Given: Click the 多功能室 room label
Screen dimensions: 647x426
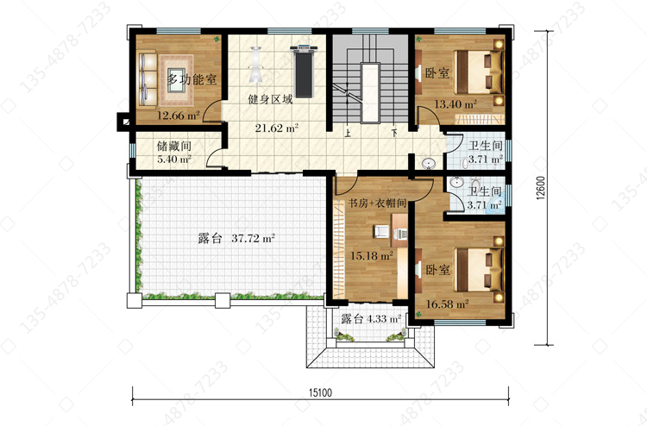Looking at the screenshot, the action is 192,78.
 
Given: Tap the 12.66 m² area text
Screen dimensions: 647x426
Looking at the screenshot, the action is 179,116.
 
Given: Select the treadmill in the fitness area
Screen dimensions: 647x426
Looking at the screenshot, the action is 305,72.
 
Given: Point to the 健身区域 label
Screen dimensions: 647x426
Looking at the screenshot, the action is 270,99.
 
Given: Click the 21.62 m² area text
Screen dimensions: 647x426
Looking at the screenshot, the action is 276,128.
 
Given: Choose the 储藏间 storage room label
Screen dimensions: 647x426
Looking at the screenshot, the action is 174,146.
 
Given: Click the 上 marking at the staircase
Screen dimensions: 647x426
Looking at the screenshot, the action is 348,134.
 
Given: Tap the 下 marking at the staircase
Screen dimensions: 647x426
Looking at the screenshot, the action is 394,134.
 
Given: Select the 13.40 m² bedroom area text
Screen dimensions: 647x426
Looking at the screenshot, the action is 455,104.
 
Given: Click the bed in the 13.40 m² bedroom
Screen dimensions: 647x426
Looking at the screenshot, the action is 479,72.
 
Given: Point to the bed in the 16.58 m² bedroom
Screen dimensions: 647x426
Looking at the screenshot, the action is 479,270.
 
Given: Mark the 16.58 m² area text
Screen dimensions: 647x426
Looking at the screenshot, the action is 447,304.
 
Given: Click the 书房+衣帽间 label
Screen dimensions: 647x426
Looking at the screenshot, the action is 378,204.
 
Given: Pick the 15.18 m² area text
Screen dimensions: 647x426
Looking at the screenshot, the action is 371,255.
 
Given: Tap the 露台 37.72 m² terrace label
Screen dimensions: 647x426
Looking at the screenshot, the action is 236,238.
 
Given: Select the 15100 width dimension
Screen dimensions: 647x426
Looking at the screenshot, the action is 320,392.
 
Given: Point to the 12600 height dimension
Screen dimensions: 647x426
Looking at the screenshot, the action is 542,188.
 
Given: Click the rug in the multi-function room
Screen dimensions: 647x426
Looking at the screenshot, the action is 177,80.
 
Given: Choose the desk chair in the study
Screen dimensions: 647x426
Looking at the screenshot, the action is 381,232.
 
